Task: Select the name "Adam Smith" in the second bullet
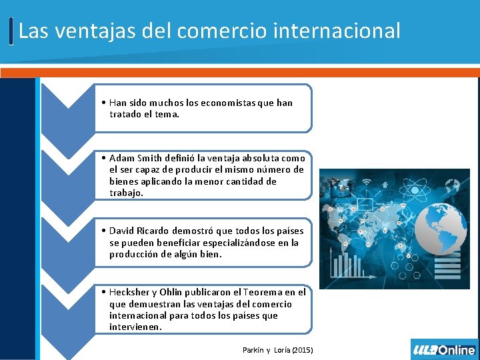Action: click(x=131, y=158)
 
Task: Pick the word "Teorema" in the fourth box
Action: click(x=265, y=292)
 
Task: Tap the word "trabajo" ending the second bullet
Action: click(x=126, y=193)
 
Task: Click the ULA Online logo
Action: click(x=444, y=349)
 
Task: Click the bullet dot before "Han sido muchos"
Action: click(x=105, y=103)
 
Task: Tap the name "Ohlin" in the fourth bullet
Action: click(x=190, y=292)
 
